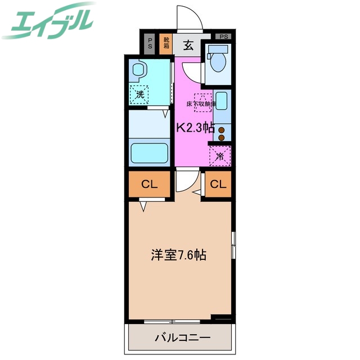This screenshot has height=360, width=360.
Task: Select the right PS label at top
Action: (x=224, y=37)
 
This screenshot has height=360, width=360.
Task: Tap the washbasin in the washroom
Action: (x=138, y=70)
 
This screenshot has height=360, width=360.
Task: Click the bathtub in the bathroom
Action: (x=150, y=152)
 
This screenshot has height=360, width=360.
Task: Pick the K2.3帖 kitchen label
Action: (x=196, y=127)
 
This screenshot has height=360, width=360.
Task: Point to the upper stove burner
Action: (x=222, y=130)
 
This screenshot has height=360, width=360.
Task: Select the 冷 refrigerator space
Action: (x=220, y=156)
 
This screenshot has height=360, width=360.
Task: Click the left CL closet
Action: (x=149, y=184)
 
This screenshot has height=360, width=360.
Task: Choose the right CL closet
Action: (x=218, y=184)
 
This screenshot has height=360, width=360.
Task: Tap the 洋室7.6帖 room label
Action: (x=178, y=255)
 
